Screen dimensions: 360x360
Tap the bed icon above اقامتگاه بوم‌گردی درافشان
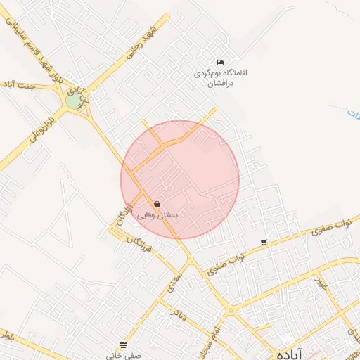click(x=221, y=63)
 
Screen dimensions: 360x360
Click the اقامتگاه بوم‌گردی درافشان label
click(x=222, y=77)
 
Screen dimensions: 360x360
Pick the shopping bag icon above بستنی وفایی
click(x=155, y=204)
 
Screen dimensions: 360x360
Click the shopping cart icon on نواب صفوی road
click(x=264, y=243)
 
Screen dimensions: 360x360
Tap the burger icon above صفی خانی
click(x=124, y=344)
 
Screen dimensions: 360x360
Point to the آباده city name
click(x=288, y=354)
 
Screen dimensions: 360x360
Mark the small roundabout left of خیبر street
click(x=231, y=309)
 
